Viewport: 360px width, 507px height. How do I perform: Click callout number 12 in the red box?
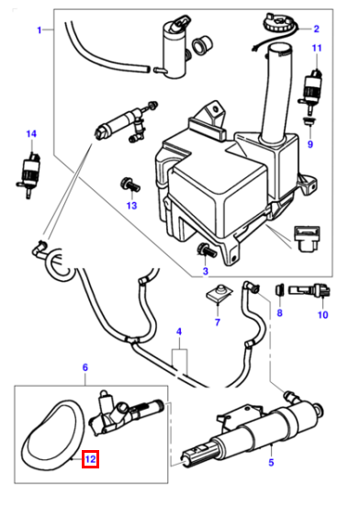point(90,459)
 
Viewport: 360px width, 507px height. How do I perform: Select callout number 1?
point(39,30)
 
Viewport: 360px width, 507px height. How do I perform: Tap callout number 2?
point(316,28)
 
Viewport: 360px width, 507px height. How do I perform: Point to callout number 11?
point(317,48)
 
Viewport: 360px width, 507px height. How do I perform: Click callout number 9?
point(310,144)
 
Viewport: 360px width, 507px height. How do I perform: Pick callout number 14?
point(31,133)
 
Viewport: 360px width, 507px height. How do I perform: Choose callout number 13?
point(132,206)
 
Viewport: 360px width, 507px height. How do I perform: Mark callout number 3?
point(206,271)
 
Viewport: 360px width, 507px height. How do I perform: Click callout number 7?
point(218,322)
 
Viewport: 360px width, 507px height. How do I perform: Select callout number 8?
point(279,312)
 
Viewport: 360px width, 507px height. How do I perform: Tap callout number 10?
point(323,314)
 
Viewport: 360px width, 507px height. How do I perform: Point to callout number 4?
point(179,332)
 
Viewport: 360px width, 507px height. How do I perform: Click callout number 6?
point(85,367)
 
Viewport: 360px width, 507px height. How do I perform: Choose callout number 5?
point(271,462)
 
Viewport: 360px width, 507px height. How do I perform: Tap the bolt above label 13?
point(129,185)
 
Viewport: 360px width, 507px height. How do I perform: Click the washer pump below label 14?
point(28,174)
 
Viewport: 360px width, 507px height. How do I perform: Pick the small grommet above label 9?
point(309,122)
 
